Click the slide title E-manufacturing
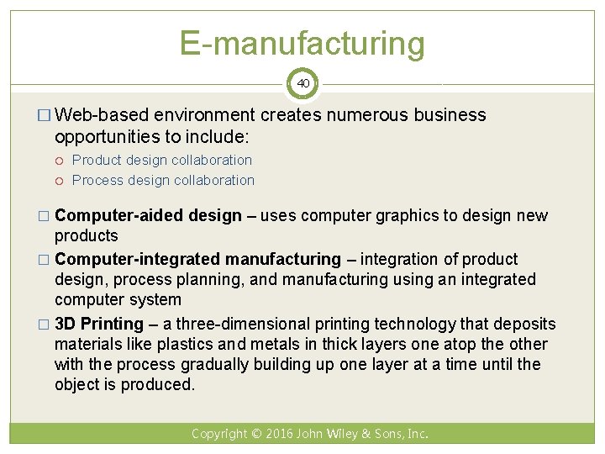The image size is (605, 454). [x=302, y=43]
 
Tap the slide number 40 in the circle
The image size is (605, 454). [x=302, y=84]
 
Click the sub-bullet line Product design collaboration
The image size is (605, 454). [x=161, y=160]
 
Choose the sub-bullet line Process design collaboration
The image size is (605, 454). [x=163, y=180]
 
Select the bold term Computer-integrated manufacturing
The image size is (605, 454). [x=197, y=259]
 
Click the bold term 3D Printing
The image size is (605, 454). [x=99, y=324]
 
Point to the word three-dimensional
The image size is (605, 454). [x=242, y=324]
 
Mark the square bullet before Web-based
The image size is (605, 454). [x=45, y=116]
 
